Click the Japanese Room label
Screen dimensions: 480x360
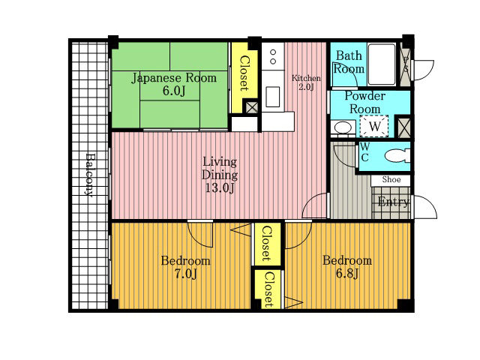coord(174,78)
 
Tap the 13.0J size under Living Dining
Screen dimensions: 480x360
coord(220,187)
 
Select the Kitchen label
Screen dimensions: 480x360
coord(306,78)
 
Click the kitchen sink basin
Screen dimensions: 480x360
coord(272,97)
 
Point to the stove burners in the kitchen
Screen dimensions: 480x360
coord(273,57)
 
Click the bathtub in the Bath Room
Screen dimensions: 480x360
coord(382,64)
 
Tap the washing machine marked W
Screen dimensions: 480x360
coord(374,126)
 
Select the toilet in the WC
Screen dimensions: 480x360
coord(397,156)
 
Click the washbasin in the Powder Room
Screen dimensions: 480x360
coord(343,127)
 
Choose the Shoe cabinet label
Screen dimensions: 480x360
coord(391,179)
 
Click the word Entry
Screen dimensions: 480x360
coord(393,202)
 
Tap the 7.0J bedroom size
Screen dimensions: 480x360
coord(185,273)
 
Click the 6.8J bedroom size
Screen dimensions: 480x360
coord(346,273)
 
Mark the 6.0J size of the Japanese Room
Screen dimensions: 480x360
coord(174,91)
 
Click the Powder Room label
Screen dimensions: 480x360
coord(365,103)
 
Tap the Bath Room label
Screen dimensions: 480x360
coord(349,62)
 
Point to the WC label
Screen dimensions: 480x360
coord(365,151)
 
